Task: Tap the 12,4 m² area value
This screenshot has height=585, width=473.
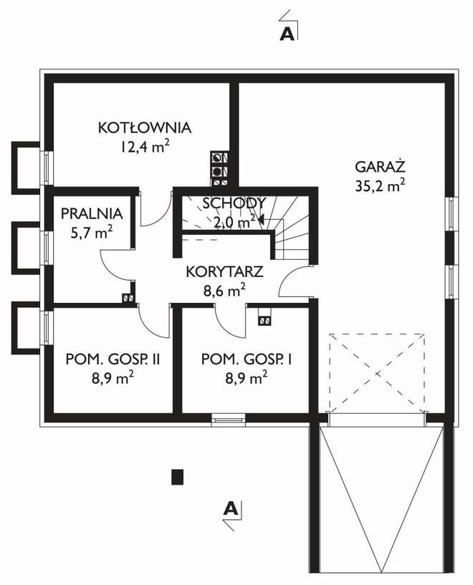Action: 145,148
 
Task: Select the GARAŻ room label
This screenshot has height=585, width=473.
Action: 380,167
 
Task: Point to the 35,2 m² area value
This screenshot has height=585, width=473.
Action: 380,185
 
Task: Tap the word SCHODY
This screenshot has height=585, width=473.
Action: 234,203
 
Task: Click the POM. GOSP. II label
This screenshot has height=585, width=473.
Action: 112,359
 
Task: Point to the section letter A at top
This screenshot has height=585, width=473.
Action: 288,33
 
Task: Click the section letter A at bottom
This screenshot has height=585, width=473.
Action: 230,509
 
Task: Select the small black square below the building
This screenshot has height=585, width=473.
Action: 178,475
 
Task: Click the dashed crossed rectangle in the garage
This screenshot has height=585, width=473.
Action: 377,372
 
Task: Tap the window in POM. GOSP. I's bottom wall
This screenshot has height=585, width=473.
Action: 229,420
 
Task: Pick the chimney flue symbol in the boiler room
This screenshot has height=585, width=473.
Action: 219,164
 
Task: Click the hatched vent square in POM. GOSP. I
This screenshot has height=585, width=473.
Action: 265,321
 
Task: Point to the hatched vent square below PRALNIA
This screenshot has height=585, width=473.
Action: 128,299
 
